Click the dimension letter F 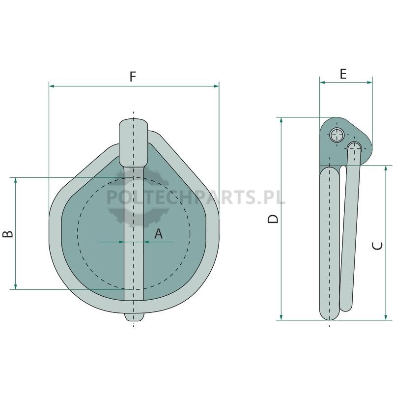[x=133, y=77]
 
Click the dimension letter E [x=343, y=74]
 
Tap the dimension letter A [x=158, y=234]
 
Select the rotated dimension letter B [x=7, y=234]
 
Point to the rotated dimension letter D [x=273, y=219]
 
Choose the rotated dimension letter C [x=377, y=246]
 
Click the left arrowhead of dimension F [x=52, y=86]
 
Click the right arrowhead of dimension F [x=216, y=86]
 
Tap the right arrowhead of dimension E [x=369, y=82]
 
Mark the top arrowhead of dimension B [x=16, y=180]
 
